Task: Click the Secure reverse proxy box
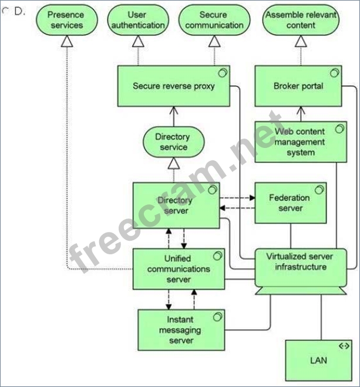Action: click(173, 86)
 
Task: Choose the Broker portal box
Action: click(298, 86)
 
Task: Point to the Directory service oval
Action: click(173, 142)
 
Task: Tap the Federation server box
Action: click(290, 203)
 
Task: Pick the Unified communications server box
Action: click(179, 268)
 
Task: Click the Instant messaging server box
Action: click(180, 329)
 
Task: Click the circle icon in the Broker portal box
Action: click(335, 72)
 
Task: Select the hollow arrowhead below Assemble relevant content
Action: click(301, 40)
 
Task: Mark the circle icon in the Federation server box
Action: click(319, 189)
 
